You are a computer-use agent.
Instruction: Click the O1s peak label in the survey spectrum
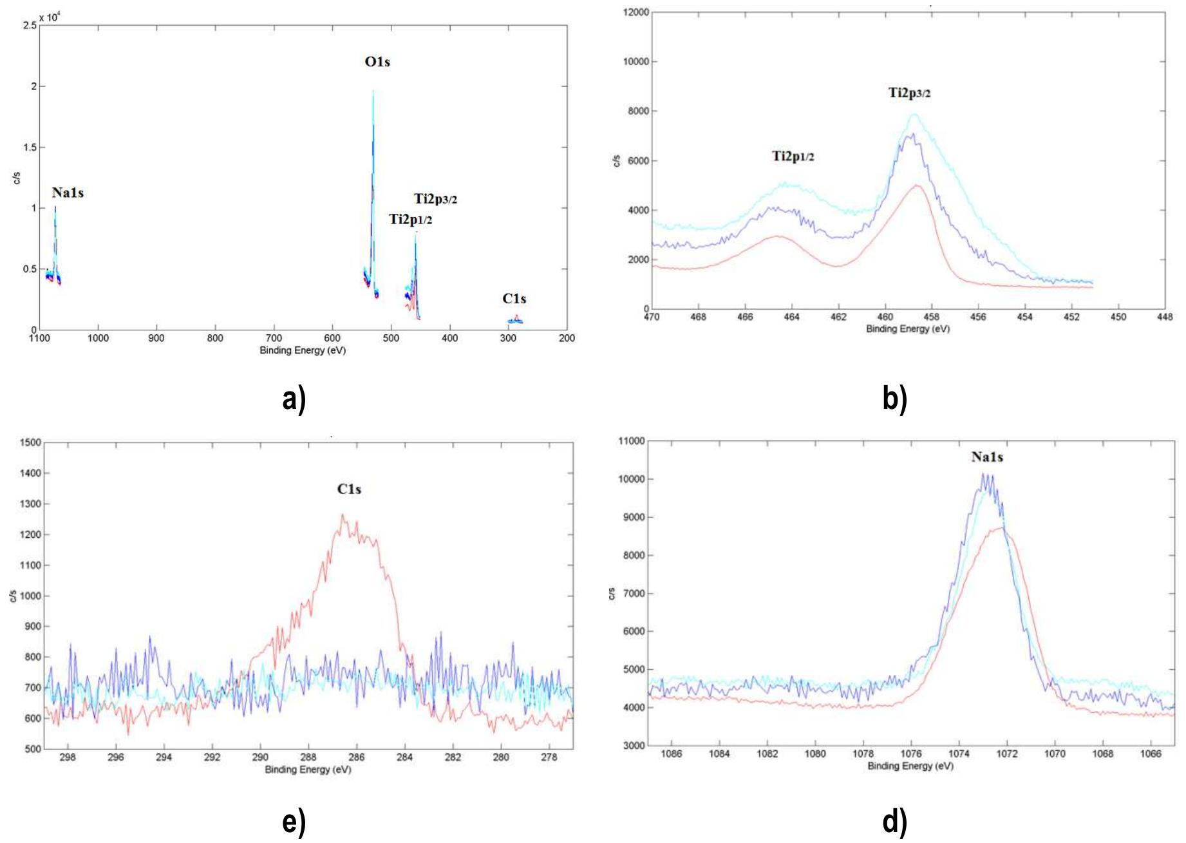pyautogui.click(x=377, y=62)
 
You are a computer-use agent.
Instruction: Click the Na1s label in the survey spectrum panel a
pyautogui.click(x=68, y=193)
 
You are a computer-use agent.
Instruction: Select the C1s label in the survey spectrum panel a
pyautogui.click(x=514, y=299)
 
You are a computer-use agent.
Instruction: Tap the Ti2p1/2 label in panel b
pyautogui.click(x=793, y=156)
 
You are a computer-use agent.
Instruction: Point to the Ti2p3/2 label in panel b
pyautogui.click(x=909, y=93)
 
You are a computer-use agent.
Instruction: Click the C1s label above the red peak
pyautogui.click(x=349, y=489)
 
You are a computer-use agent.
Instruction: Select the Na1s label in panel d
pyautogui.click(x=987, y=457)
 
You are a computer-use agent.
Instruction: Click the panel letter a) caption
pyautogui.click(x=294, y=399)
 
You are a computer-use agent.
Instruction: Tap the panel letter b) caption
pyautogui.click(x=895, y=399)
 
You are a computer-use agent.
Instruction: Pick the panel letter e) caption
pyautogui.click(x=294, y=822)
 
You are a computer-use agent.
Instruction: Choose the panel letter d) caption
pyautogui.click(x=895, y=822)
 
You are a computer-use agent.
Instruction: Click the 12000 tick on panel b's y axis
pyautogui.click(x=636, y=12)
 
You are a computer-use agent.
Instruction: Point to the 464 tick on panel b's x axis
pyautogui.click(x=791, y=317)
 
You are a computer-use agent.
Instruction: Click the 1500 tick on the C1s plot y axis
pyautogui.click(x=30, y=443)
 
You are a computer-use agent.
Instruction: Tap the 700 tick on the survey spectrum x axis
pyautogui.click(x=274, y=338)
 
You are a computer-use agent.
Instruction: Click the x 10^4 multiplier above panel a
pyautogui.click(x=50, y=17)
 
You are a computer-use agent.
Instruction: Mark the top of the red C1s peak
pyautogui.click(x=343, y=515)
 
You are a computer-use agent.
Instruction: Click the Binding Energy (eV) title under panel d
pyautogui.click(x=910, y=766)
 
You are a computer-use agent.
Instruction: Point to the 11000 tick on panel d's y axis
pyautogui.click(x=631, y=442)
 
